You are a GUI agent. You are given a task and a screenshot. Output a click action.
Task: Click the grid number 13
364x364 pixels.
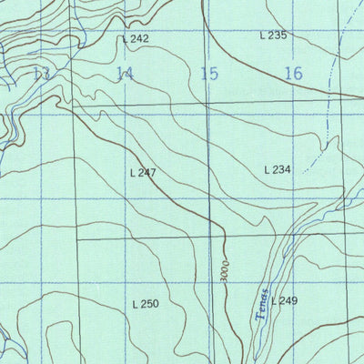(x=40, y=75)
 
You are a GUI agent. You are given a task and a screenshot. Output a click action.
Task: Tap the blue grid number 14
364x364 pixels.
(x=125, y=75)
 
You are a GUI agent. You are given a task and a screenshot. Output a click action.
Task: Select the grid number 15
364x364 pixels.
(x=209, y=75)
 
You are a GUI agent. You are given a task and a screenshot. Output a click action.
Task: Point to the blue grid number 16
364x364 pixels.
(x=293, y=75)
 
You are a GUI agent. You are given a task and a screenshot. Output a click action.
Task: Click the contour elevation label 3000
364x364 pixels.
(x=223, y=273)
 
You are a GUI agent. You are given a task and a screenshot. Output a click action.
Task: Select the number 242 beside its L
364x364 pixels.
(x=139, y=39)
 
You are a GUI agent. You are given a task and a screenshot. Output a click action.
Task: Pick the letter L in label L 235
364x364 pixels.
(x=263, y=35)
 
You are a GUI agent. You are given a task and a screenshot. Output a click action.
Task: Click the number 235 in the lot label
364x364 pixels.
(x=278, y=35)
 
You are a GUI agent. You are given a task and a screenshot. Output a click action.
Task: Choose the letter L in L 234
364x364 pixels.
(x=267, y=169)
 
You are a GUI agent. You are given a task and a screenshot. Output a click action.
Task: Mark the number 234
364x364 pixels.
(x=281, y=169)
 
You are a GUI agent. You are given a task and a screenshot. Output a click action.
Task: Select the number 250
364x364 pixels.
(x=151, y=304)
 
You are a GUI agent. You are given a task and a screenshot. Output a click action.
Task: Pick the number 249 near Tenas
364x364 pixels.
(x=289, y=301)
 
